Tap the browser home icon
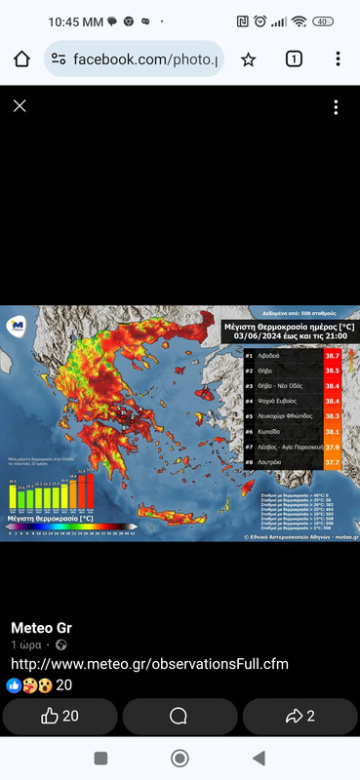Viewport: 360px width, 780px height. pyautogui.click(x=22, y=59)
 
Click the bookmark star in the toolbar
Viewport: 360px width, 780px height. pyautogui.click(x=249, y=59)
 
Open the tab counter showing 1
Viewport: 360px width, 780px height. pyautogui.click(x=293, y=59)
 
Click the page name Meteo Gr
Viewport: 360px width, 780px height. pyautogui.click(x=41, y=627)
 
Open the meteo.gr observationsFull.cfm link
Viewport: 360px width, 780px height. pyautogui.click(x=149, y=664)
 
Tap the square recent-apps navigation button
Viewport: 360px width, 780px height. pyautogui.click(x=100, y=759)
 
